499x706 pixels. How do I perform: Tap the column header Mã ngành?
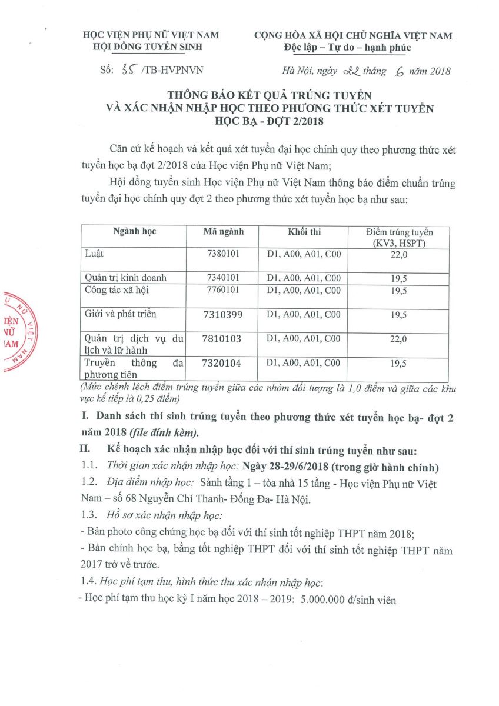[223, 232]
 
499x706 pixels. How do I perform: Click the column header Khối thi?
[304, 232]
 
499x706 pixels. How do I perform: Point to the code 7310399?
[222, 314]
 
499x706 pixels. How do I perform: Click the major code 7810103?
[222, 338]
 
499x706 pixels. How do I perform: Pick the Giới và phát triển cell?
[121, 314]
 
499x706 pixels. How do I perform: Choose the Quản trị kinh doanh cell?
[126, 277]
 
